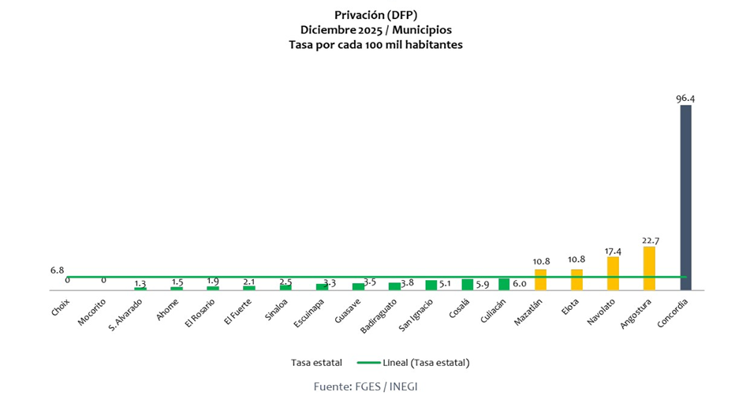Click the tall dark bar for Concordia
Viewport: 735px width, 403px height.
[685, 197]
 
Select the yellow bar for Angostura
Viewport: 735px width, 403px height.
[649, 268]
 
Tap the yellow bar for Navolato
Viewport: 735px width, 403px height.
[613, 273]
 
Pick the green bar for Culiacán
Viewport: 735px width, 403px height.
[504, 285]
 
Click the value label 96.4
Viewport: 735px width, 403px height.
[685, 99]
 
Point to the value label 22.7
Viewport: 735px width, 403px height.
[649, 240]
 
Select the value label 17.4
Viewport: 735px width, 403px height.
[613, 250]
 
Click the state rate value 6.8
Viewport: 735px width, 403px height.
[57, 270]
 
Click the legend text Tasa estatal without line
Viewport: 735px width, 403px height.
[315, 363]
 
